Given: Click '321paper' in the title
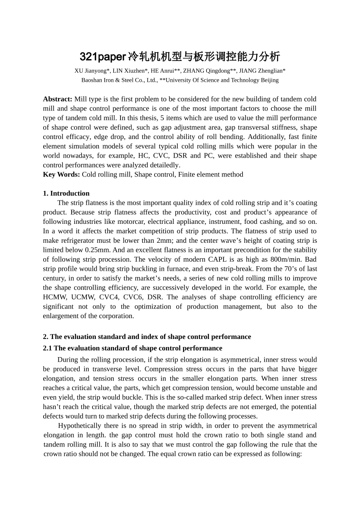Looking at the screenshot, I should pos(102,57).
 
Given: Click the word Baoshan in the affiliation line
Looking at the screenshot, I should pos(92,80).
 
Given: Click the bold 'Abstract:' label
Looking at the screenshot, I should pos(58,99).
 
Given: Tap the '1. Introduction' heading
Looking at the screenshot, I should pos(66,194).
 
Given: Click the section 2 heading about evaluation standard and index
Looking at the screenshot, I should pos(147,337).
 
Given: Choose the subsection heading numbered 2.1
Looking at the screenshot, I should pos(133,348).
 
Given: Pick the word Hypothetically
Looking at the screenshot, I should pos(80,426).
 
